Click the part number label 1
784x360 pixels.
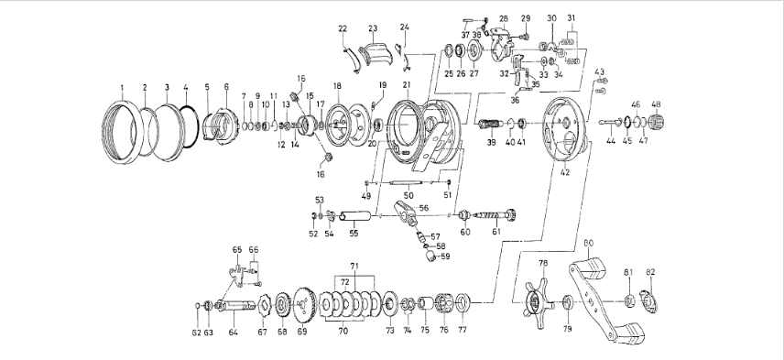click(x=122, y=88)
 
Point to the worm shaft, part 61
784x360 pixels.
click(x=495, y=215)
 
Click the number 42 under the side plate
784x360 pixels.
click(x=564, y=173)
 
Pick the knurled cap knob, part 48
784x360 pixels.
click(x=656, y=122)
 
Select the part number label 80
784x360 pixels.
click(x=589, y=243)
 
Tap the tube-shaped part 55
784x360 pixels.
click(x=355, y=217)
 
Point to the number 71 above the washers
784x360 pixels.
click(x=354, y=266)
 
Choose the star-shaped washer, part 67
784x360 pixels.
click(x=263, y=304)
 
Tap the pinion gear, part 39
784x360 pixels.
click(x=489, y=124)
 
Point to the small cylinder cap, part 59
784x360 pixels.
click(x=430, y=257)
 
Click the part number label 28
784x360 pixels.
click(x=504, y=18)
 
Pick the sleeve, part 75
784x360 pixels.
click(x=426, y=303)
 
